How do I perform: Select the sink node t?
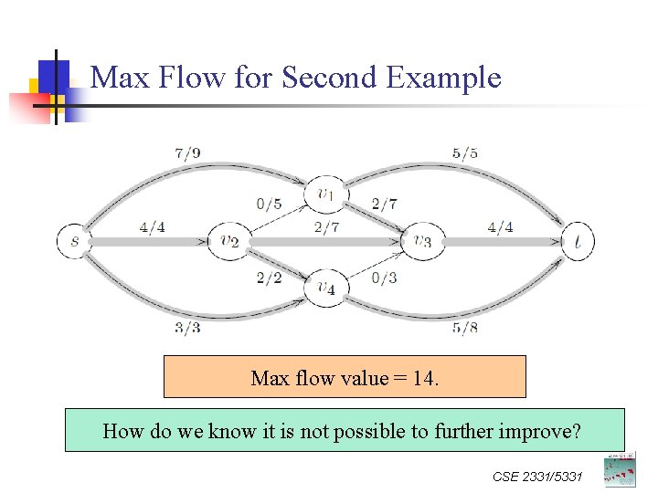578,242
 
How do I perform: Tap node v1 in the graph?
325,194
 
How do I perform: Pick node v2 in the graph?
228,242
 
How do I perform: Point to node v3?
421,242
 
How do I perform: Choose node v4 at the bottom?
325,288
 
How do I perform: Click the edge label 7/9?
187,153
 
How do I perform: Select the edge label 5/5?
464,153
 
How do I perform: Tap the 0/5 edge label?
269,204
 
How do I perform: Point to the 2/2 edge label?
269,278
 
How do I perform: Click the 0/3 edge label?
384,278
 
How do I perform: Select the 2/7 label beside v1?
384,204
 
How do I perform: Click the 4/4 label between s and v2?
154,227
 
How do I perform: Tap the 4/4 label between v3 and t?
500,227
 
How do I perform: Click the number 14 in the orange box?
423,378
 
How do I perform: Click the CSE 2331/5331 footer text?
537,477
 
